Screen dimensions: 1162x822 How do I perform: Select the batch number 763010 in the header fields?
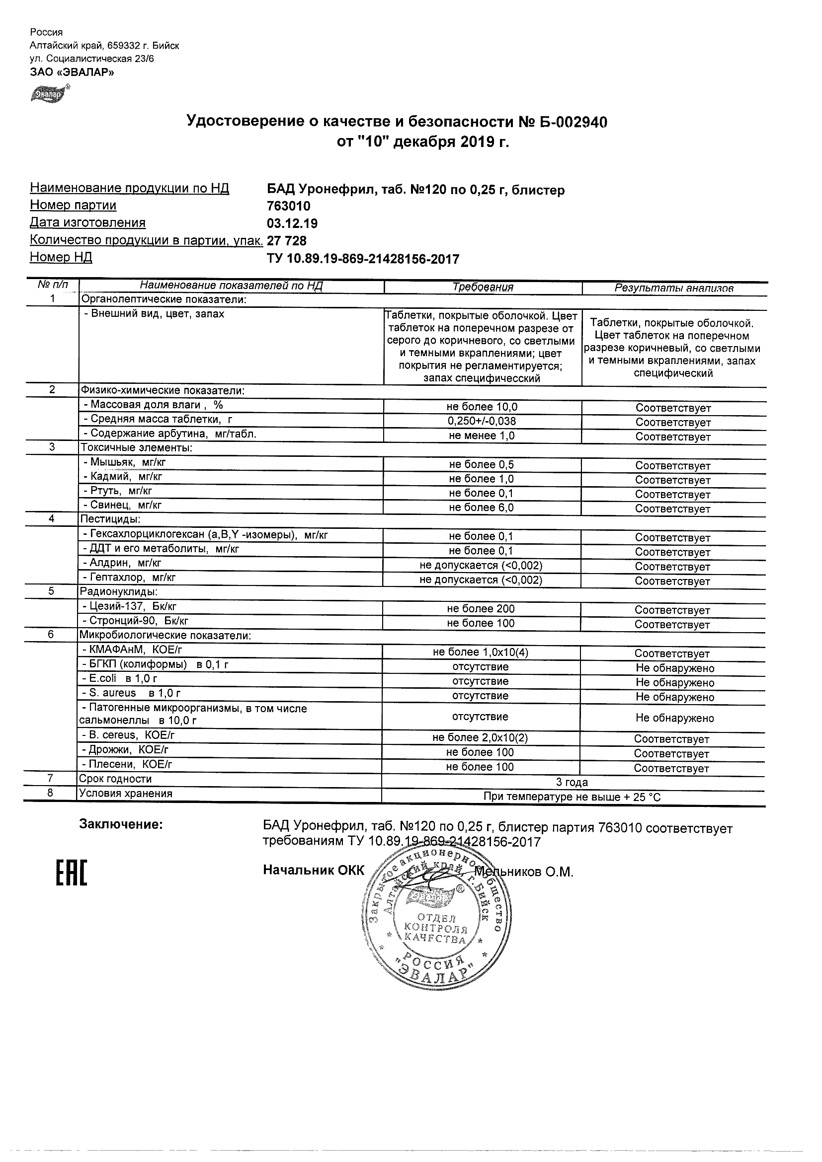(288, 207)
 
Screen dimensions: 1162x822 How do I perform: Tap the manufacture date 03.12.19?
(292, 223)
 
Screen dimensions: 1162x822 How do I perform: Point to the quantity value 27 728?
(287, 241)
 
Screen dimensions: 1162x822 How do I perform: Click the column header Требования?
(482, 288)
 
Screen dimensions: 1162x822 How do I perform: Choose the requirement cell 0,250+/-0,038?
(482, 421)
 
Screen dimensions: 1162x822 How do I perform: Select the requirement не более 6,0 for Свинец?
(481, 508)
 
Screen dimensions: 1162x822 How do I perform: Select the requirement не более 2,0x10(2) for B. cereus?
(480, 738)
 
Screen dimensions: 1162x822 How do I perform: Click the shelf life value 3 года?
(572, 783)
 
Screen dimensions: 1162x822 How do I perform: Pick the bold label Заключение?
(121, 825)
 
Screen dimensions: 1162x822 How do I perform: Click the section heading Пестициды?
(110, 519)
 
